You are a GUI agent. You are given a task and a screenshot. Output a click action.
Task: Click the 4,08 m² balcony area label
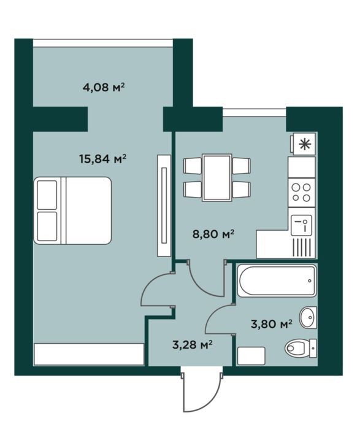tap(104, 88)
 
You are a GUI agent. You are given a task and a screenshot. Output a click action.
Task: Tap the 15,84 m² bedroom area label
tap(103, 158)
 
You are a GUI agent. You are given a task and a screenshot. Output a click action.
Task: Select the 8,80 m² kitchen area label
tap(214, 234)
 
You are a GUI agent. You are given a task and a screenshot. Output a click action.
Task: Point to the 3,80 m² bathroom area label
tap(272, 324)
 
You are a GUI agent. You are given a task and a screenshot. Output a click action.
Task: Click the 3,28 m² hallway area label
tap(193, 345)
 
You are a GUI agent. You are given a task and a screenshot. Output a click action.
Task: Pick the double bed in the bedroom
tap(72, 211)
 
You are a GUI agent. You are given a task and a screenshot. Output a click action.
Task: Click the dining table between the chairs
tap(217, 177)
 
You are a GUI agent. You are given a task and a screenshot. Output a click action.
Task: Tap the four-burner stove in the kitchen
tap(302, 192)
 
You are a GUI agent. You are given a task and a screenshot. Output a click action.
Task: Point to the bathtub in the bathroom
tap(277, 280)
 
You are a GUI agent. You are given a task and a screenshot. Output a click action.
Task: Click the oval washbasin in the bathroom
tap(308, 317)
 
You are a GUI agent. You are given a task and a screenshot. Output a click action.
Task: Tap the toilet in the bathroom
tap(301, 348)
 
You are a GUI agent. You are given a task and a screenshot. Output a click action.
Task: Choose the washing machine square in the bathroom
tap(251, 356)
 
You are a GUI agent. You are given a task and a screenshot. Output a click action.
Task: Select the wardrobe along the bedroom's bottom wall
tap(89, 354)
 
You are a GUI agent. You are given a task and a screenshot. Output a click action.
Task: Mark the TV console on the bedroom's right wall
tap(164, 206)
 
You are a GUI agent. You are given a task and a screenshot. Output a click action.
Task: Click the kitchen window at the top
tap(255, 112)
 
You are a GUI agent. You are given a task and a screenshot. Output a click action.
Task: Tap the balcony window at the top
tap(103, 43)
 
